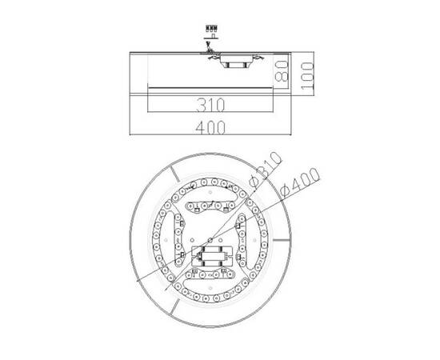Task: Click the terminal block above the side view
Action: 213,30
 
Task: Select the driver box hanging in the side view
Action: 237,61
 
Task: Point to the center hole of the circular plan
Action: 210,239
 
